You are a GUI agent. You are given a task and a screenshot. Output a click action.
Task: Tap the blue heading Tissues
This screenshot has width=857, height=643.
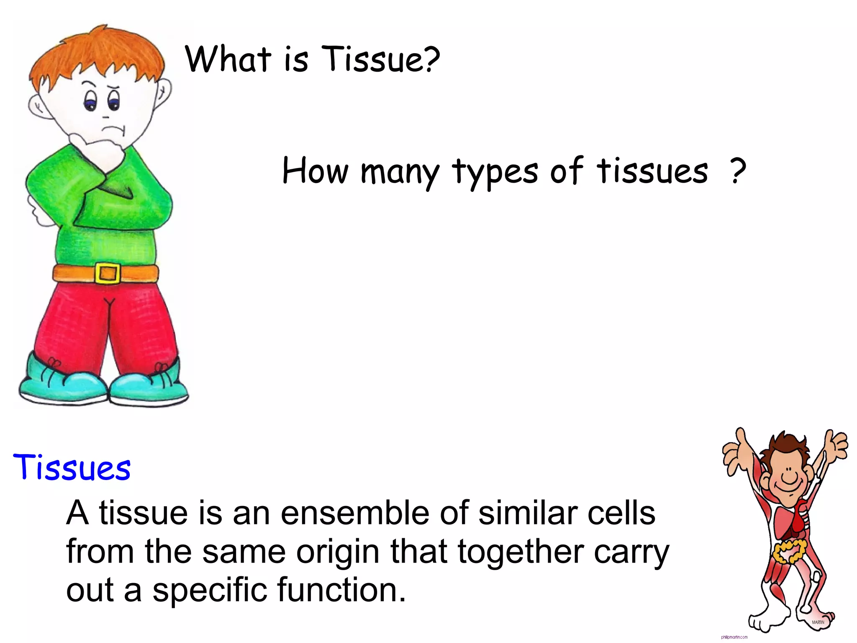point(72,467)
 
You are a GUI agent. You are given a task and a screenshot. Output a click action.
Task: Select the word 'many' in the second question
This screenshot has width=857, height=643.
point(400,172)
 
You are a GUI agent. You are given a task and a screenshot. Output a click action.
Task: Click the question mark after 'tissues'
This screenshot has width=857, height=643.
point(738,171)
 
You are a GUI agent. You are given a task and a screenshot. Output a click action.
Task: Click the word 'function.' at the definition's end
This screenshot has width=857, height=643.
point(341,589)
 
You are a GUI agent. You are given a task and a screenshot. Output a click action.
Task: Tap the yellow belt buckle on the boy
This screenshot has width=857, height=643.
point(108,273)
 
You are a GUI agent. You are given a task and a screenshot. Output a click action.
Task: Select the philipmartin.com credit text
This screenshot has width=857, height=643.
point(734,637)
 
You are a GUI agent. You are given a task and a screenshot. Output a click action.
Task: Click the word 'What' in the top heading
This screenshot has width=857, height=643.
point(228,59)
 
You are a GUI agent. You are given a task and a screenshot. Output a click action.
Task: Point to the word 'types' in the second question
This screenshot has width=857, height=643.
point(495,172)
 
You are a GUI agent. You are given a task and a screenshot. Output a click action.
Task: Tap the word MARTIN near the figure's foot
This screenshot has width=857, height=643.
point(818,622)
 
